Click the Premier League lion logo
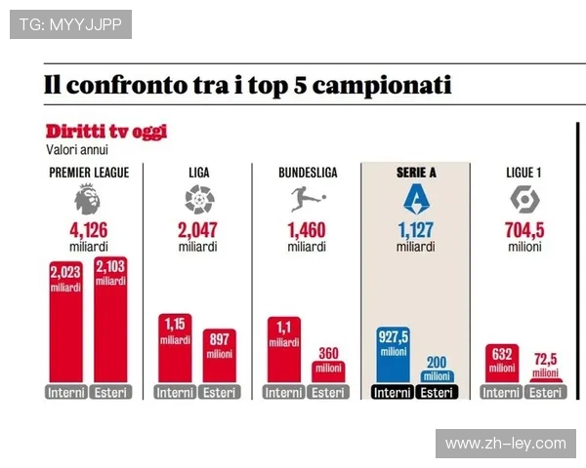tap(87, 201)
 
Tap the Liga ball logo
tap(198, 201)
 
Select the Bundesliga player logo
tap(306, 201)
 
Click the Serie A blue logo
tap(416, 201)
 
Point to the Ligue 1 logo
tap(523, 200)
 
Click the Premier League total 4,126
tap(87, 231)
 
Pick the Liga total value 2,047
tap(198, 231)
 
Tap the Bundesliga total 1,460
tap(307, 231)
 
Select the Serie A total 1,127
tap(416, 231)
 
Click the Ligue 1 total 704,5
tap(523, 231)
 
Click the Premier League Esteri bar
tap(110, 322)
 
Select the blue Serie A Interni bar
tap(393, 356)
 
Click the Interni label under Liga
tap(175, 393)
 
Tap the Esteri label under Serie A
tap(438, 393)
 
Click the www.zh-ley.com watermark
tap(505, 444)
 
